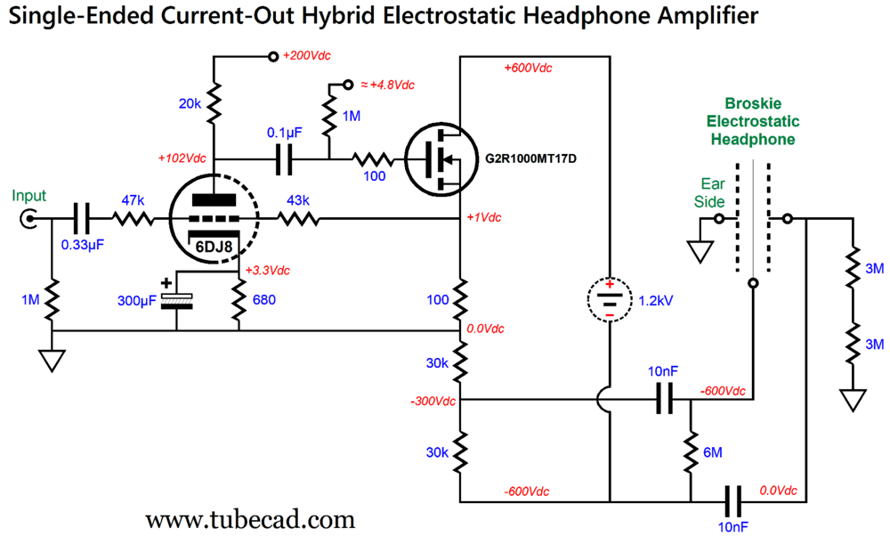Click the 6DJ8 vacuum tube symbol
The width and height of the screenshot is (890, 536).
(x=214, y=217)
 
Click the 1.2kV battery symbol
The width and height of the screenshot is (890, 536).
(x=609, y=299)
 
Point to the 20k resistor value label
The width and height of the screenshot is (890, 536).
(x=190, y=104)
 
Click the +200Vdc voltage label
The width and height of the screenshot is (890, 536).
(x=306, y=56)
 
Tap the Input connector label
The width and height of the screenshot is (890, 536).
(x=28, y=196)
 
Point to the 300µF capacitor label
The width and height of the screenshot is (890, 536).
(x=138, y=300)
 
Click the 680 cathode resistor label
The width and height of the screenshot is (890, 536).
(x=263, y=300)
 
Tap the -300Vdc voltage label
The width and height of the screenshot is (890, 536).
(x=433, y=401)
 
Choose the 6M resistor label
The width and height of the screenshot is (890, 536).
(x=712, y=452)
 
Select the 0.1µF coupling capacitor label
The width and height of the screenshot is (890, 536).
(x=285, y=132)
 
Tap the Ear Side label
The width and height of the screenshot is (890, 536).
(x=709, y=192)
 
